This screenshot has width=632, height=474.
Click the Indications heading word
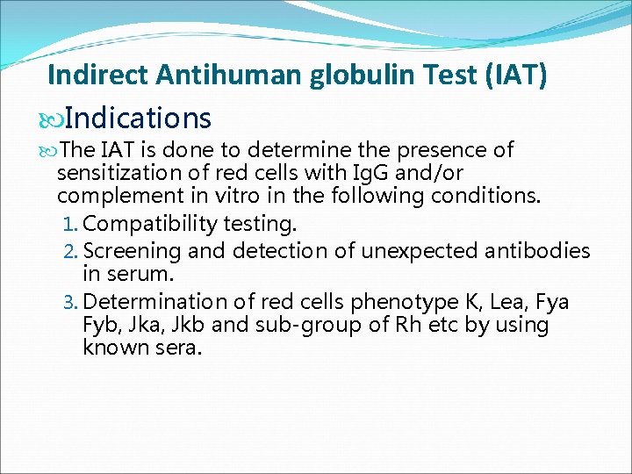pyautogui.click(x=138, y=118)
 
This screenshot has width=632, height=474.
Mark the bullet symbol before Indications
pyautogui.click(x=54, y=119)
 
